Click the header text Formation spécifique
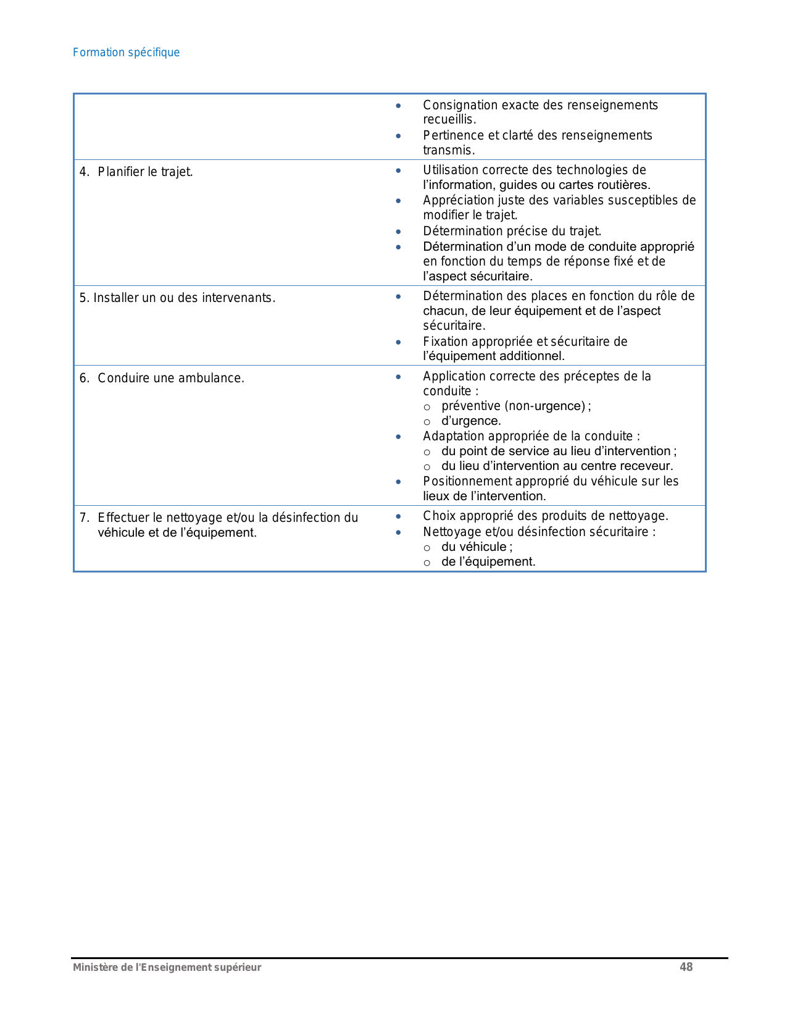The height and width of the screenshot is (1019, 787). click(126, 52)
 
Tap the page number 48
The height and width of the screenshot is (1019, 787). click(686, 967)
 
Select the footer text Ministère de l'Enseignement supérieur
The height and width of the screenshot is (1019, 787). click(167, 968)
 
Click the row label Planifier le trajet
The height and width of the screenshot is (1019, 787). click(145, 172)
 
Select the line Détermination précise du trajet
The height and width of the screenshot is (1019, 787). click(512, 231)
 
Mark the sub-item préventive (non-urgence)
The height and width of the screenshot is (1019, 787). click(515, 406)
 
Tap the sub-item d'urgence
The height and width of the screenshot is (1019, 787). click(471, 421)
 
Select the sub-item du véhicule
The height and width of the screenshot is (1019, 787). click(476, 547)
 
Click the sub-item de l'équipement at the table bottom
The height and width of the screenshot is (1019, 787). click(488, 561)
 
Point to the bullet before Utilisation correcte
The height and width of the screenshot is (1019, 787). click(399, 170)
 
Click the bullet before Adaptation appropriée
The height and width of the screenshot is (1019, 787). click(399, 437)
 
